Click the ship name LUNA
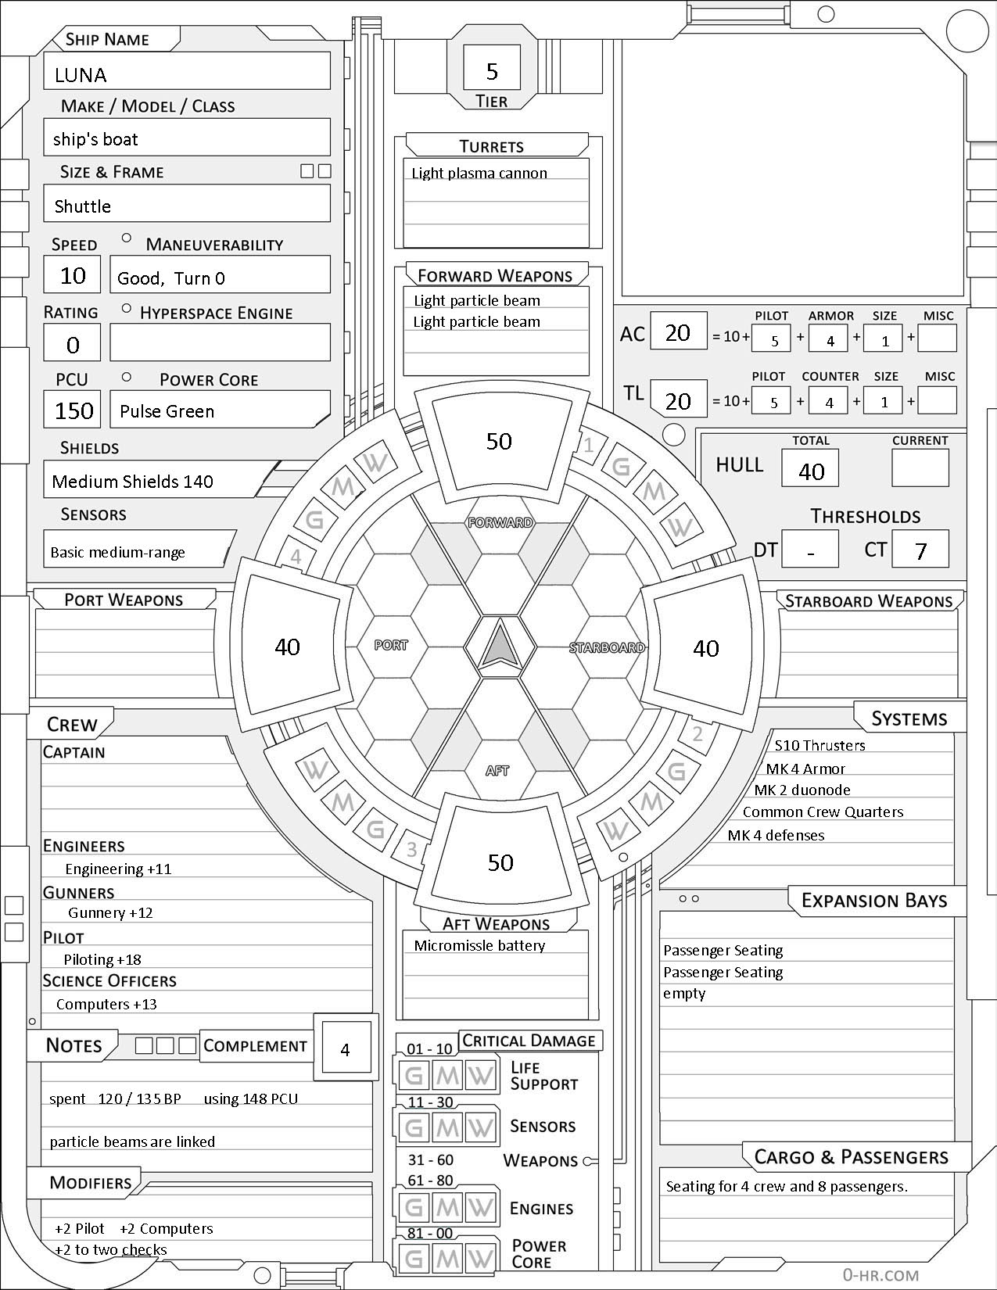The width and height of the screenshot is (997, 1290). click(x=81, y=75)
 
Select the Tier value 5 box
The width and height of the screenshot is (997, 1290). click(x=492, y=71)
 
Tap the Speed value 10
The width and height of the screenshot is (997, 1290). click(x=73, y=275)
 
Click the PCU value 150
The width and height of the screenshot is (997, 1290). click(x=74, y=410)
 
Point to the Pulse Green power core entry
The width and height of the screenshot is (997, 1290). click(x=167, y=411)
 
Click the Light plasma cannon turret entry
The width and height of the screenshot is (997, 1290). click(x=479, y=173)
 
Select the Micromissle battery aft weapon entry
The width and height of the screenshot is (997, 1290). click(x=479, y=945)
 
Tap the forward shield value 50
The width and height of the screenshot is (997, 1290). click(x=499, y=441)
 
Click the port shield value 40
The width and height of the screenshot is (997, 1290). click(x=287, y=647)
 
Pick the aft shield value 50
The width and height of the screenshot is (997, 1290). click(x=500, y=862)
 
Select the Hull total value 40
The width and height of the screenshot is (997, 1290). click(x=811, y=471)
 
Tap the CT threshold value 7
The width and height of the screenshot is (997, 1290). click(x=920, y=550)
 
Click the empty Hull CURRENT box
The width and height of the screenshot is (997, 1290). click(x=920, y=469)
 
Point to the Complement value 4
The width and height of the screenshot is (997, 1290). click(x=345, y=1049)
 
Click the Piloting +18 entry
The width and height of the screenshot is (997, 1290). click(x=102, y=959)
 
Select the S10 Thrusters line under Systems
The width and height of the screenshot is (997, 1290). click(x=819, y=745)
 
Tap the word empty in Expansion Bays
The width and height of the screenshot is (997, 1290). click(x=684, y=994)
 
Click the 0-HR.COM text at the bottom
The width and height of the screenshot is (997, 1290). click(x=880, y=1275)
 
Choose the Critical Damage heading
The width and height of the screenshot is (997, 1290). click(x=529, y=1041)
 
